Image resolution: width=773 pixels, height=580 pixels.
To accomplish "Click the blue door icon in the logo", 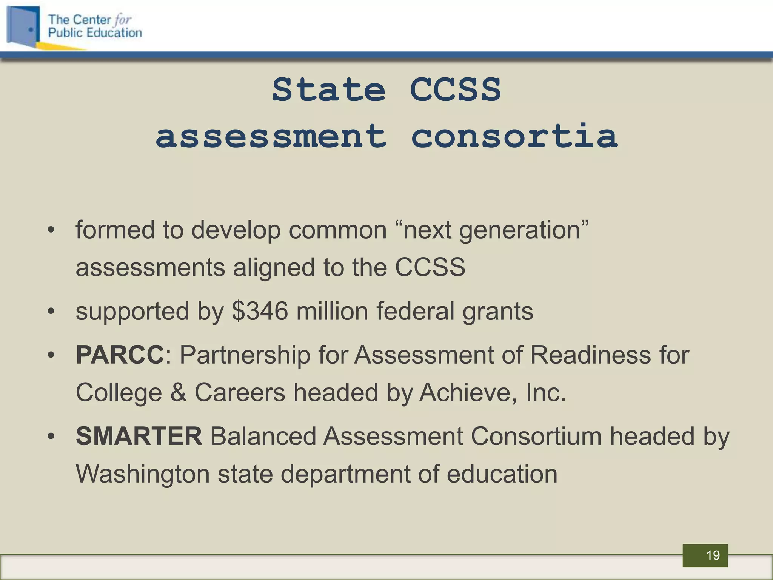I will tap(23, 26).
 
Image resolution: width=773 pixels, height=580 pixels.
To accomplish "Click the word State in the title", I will tap(328, 90).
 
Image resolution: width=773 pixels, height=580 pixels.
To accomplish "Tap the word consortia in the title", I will tap(514, 136).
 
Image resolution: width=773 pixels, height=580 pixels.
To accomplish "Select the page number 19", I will tap(713, 555).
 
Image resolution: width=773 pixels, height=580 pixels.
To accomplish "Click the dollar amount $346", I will tap(260, 312).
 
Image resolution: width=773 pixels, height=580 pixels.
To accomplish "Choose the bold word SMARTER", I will tap(139, 436).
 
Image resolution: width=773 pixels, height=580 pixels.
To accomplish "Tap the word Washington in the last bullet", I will tap(143, 474).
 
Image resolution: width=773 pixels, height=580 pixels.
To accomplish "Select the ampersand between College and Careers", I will tap(178, 393).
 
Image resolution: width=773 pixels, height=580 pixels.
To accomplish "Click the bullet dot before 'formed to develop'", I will tap(51, 230).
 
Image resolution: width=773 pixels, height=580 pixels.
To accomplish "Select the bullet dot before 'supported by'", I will tap(51, 312).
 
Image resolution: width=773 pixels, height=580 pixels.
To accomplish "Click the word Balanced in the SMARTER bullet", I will tap(263, 436).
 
